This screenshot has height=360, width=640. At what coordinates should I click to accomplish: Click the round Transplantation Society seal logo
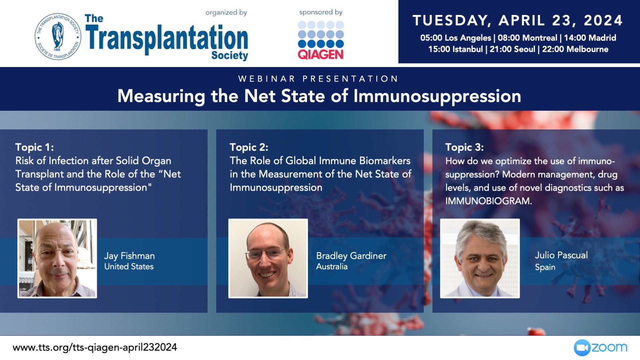(58, 36)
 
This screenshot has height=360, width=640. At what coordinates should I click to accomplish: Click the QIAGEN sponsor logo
(321, 40)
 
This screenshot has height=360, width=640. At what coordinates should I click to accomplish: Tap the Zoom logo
(600, 348)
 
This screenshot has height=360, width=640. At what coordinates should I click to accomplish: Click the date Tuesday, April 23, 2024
(518, 20)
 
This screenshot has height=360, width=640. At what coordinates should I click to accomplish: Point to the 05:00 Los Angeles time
(456, 38)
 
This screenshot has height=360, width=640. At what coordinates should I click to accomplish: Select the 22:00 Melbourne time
(575, 49)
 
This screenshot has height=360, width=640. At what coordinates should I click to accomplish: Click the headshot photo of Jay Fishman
(57, 258)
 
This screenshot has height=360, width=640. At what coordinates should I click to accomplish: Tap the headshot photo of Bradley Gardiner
(268, 258)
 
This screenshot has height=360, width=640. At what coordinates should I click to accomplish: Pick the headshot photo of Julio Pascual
(480, 258)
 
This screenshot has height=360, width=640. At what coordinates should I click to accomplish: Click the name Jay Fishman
(129, 256)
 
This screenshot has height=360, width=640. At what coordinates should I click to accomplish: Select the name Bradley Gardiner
(351, 256)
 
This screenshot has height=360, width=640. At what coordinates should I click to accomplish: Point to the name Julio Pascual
(561, 255)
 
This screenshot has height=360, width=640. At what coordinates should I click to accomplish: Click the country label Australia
(332, 267)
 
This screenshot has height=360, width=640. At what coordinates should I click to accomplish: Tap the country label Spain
(545, 267)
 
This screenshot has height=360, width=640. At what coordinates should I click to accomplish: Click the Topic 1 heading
(35, 147)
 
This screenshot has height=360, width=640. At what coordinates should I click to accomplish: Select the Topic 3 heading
(464, 147)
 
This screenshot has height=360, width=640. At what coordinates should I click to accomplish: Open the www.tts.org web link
(95, 347)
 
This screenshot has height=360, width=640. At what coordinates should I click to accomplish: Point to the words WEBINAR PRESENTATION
(318, 79)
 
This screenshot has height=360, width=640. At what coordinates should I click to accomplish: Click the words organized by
(226, 13)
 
